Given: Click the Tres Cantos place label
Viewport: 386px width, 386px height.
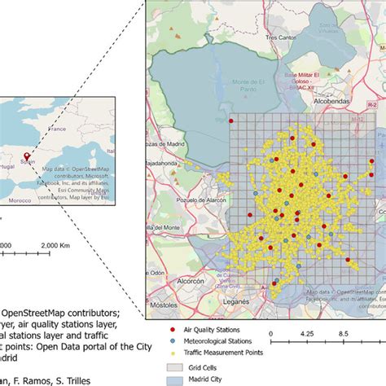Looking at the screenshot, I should tap(282, 37).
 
